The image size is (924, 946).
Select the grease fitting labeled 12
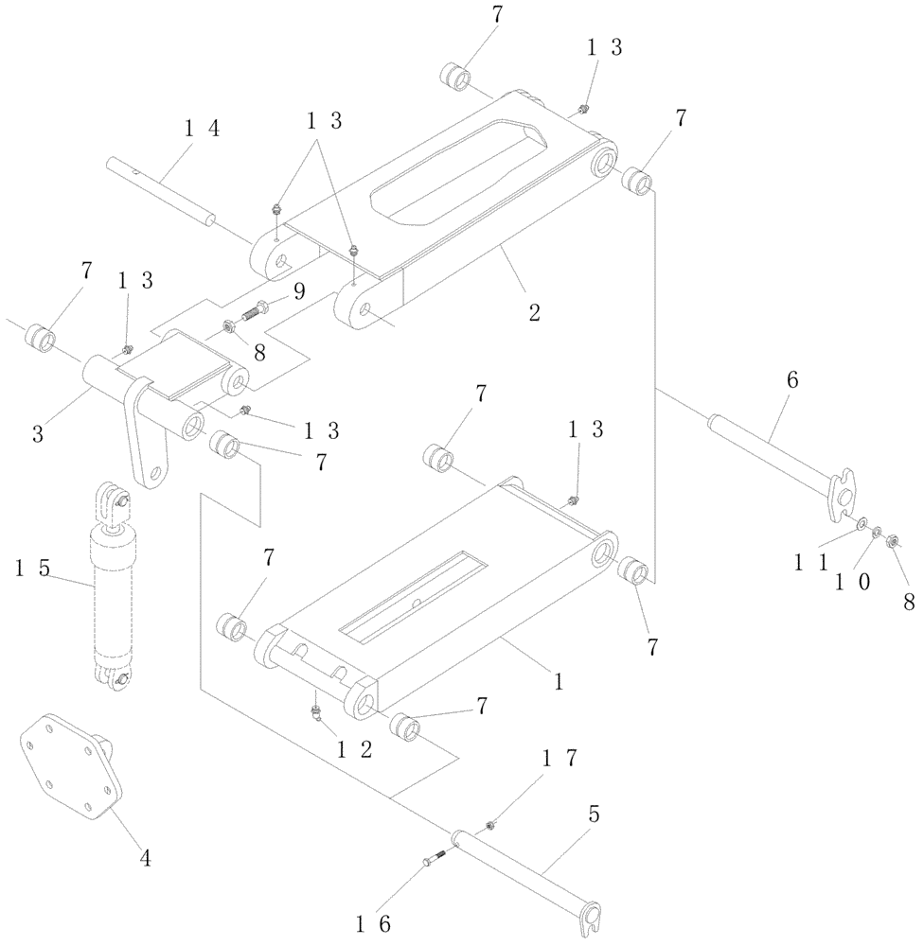tap(316, 712)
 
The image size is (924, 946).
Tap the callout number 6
tap(792, 380)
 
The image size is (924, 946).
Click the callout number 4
tap(144, 858)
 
